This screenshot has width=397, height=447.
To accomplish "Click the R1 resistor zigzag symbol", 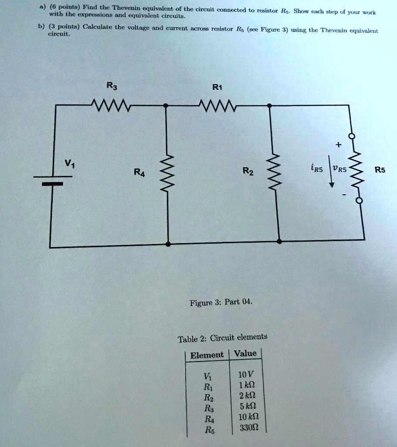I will [217, 105].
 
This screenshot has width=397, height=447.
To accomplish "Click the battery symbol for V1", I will [53, 180].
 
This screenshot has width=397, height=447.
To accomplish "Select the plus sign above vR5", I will [338, 144].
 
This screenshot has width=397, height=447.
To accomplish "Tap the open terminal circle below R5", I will [359, 201].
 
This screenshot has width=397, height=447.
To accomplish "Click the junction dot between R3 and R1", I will [165, 106].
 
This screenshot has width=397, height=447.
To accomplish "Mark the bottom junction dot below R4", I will [169, 244].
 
